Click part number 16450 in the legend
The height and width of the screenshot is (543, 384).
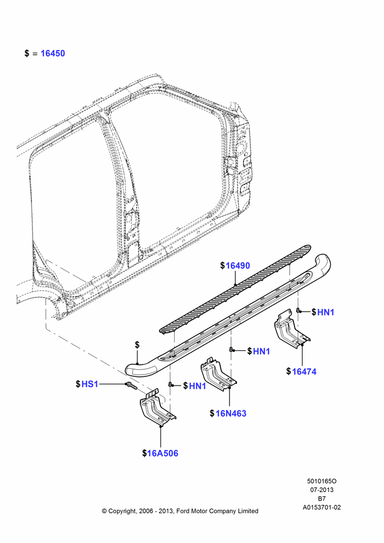(x=53, y=53)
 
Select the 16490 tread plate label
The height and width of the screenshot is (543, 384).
(x=238, y=266)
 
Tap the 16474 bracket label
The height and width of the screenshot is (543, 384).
(x=304, y=371)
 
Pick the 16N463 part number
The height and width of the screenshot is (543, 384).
(x=231, y=413)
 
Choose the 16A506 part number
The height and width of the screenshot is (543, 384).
(x=163, y=453)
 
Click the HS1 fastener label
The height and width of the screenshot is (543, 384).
(x=90, y=384)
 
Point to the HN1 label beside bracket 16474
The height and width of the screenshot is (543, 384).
(x=325, y=312)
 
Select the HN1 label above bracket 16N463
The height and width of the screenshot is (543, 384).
(x=261, y=351)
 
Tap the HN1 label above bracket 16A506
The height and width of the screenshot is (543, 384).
(x=197, y=386)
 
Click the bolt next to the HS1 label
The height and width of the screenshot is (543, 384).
(x=130, y=385)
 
